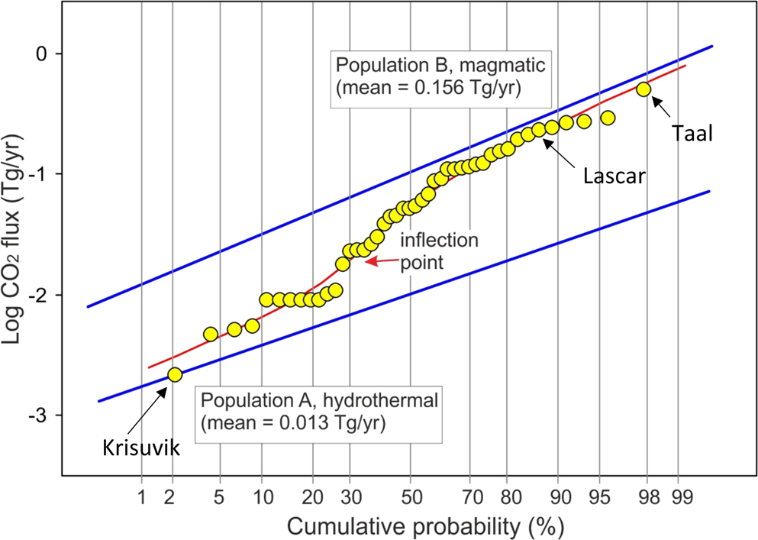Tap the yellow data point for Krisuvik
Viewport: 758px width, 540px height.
[175, 374]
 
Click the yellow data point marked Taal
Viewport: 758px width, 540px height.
[643, 89]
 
